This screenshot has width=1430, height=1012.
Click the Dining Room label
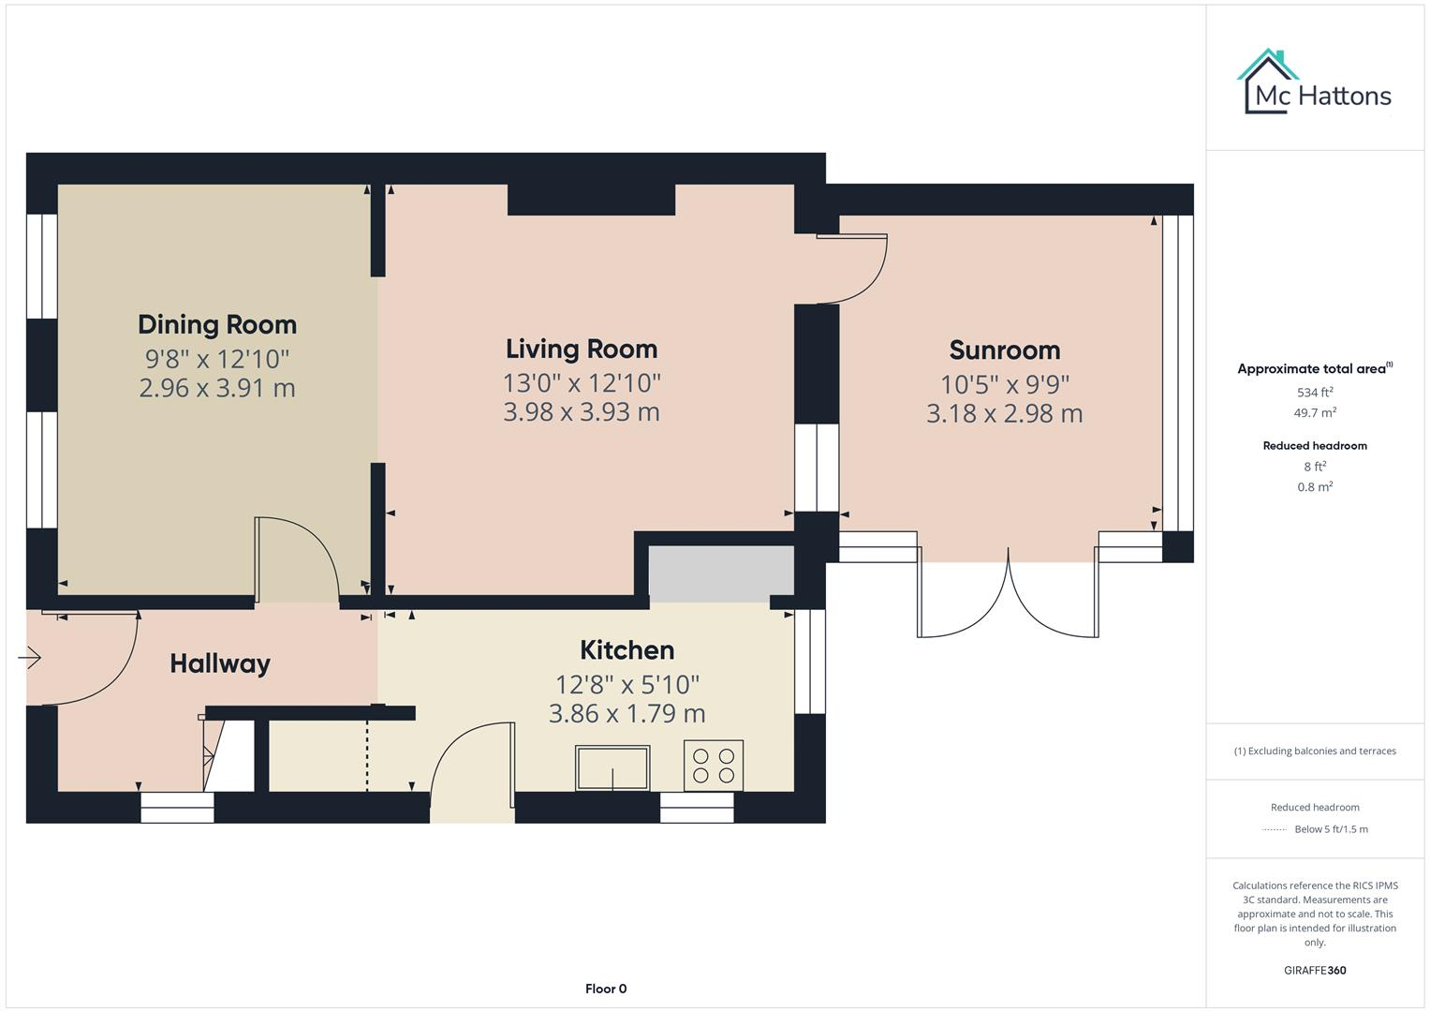[x=217, y=324]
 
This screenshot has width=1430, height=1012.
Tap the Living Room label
[x=582, y=349]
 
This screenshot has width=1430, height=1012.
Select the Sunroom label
[x=1004, y=350]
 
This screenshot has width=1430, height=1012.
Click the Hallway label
[x=220, y=663]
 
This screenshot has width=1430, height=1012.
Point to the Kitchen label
[x=627, y=649]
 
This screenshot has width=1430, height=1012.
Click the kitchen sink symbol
[x=612, y=767]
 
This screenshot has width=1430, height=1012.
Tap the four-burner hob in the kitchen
[x=714, y=765]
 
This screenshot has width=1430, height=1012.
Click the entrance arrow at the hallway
[x=30, y=659]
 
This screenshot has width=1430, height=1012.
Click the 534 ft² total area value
[x=1314, y=393]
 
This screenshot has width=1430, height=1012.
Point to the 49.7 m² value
[x=1314, y=412]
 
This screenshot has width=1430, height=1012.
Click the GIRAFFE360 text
[x=1314, y=970]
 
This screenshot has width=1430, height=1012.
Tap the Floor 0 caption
[x=605, y=989]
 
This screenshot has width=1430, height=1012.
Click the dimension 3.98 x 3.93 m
[x=582, y=412]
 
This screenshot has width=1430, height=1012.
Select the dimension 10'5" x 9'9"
[x=1004, y=384]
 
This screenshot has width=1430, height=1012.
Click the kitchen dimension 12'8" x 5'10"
[x=627, y=684]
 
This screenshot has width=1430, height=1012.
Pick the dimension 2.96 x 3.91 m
[x=217, y=388]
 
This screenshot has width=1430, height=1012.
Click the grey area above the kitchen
[x=720, y=573]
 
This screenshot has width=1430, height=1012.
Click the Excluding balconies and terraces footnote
[x=1314, y=751]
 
